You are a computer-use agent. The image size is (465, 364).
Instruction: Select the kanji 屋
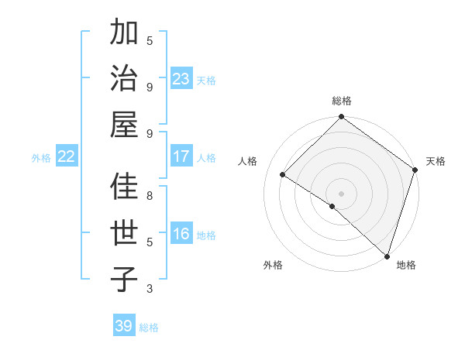[x=125, y=125]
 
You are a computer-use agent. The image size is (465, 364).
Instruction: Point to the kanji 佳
[x=125, y=187]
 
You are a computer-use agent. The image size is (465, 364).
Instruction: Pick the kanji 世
[x=125, y=233]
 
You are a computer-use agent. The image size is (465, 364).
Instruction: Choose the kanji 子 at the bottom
[x=125, y=280]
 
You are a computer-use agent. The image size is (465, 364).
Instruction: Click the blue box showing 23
[x=181, y=79]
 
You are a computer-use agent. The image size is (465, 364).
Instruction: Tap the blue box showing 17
[x=181, y=156]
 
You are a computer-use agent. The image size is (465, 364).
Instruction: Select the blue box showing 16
[x=181, y=234]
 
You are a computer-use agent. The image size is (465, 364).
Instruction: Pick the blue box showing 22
[x=67, y=156]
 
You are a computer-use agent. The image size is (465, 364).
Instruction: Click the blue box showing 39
[x=124, y=326]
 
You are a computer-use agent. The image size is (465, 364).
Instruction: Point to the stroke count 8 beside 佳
[x=150, y=195]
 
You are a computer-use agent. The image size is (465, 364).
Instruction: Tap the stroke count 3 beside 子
[x=150, y=289]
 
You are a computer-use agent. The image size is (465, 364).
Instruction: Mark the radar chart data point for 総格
[x=341, y=118]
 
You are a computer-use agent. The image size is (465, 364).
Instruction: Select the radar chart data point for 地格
[x=387, y=256]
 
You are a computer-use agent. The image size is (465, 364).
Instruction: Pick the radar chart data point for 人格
[x=283, y=175]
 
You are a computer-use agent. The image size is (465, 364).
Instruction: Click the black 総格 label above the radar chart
[x=341, y=101]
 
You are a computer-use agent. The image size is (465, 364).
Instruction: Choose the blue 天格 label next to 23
[x=206, y=80]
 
